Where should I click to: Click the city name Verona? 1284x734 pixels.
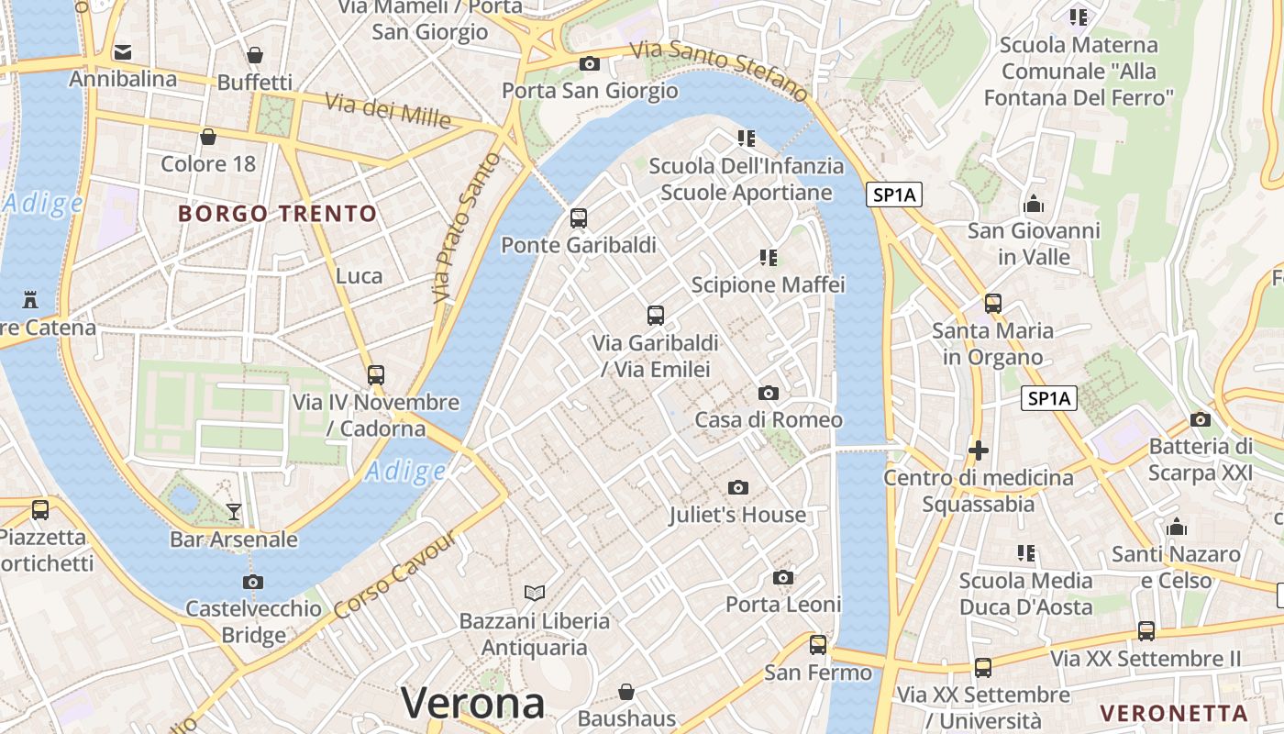[472, 704]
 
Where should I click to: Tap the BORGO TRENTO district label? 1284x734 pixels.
[277, 214]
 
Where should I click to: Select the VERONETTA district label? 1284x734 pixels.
[1174, 713]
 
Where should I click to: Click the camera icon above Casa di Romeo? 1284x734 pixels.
[769, 394]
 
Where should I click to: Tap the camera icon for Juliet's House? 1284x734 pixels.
[738, 488]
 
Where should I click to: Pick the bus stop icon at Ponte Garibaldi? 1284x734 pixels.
[578, 218]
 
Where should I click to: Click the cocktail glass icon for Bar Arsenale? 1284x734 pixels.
[234, 512]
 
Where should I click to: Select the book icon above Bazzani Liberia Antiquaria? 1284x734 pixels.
[535, 594]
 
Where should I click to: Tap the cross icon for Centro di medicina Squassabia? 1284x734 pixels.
[979, 450]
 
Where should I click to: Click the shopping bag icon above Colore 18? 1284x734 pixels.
[208, 138]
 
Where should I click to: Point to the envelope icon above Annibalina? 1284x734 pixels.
[123, 52]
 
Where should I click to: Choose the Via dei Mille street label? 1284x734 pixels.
[388, 110]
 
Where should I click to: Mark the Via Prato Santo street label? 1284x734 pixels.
[466, 228]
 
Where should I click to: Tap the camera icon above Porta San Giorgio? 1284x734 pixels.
[590, 64]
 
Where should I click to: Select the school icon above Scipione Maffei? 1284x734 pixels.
[769, 258]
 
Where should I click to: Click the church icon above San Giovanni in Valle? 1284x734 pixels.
[1034, 204]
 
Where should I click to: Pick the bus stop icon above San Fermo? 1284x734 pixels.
[818, 645]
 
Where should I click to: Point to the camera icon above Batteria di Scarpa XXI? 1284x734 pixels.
[1200, 420]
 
